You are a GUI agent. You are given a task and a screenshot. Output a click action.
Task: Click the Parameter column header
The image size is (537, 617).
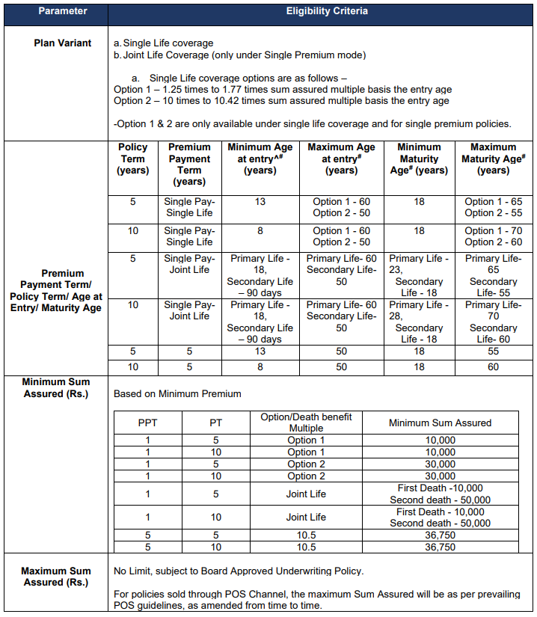(x=55, y=12)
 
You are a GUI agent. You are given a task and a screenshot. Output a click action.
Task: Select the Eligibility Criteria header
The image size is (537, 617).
(x=322, y=12)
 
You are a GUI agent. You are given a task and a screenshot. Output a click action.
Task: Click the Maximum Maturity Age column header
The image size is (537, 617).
(x=493, y=159)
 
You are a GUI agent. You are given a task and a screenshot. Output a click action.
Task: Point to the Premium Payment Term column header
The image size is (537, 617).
(x=189, y=164)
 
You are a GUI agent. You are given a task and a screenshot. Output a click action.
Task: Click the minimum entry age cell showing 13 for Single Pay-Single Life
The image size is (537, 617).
(x=260, y=202)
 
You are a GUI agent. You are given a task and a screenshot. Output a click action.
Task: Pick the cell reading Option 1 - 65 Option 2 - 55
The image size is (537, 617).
(x=493, y=207)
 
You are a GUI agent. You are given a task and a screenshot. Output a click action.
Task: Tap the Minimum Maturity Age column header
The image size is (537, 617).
(x=419, y=159)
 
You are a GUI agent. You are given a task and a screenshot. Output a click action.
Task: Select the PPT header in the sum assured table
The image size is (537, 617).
(x=148, y=423)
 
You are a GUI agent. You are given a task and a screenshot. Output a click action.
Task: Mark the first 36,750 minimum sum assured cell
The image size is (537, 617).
(x=440, y=535)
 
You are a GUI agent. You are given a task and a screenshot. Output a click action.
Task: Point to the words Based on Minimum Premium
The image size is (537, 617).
(x=177, y=393)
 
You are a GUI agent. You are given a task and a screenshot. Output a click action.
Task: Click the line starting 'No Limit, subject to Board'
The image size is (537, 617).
(x=239, y=571)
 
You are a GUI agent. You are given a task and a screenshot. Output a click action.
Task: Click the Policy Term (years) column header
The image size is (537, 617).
(x=132, y=159)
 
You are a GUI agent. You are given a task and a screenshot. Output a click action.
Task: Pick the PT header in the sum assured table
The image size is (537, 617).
(x=215, y=423)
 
